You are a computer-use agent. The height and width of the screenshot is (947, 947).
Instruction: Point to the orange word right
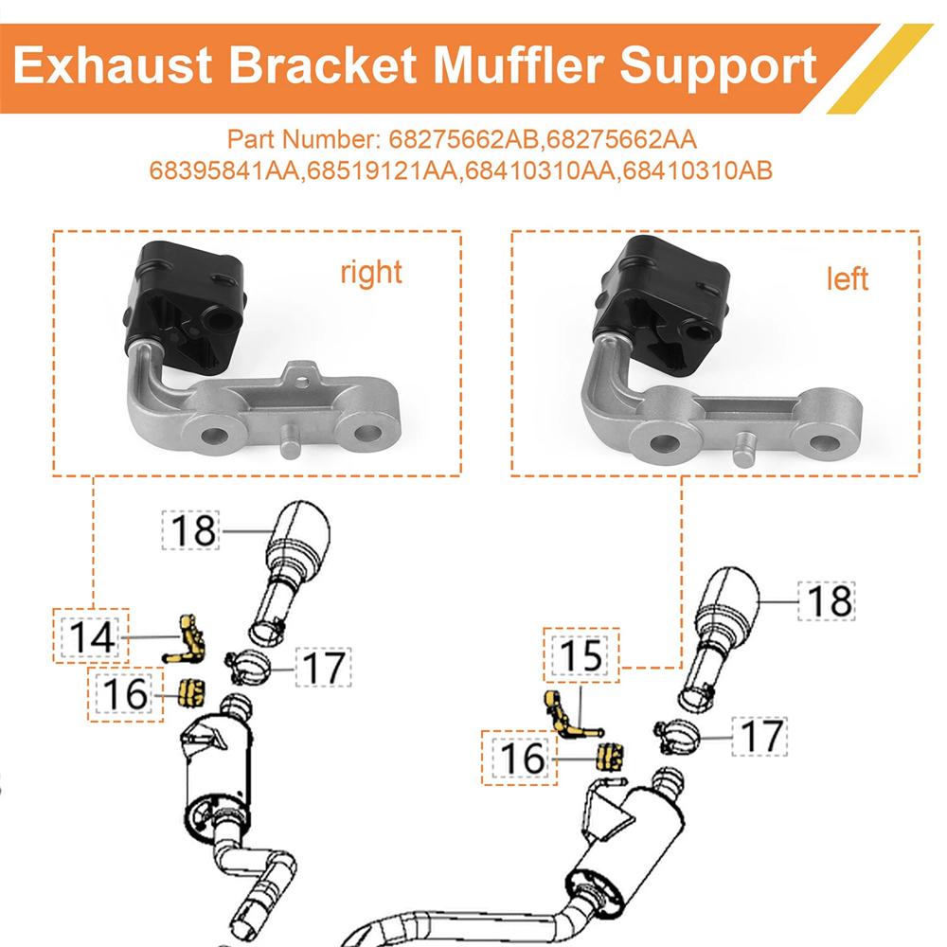[x=371, y=273]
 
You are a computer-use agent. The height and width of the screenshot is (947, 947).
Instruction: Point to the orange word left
[x=848, y=279]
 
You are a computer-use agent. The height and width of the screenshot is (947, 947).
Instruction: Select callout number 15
[x=581, y=655]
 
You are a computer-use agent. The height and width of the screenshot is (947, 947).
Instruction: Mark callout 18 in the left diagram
[x=193, y=530]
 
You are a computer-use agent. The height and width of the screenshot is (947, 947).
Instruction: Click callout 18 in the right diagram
[x=827, y=600]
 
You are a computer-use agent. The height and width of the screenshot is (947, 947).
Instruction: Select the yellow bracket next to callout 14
[x=190, y=638]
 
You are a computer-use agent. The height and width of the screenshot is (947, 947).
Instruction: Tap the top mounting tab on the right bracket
[x=301, y=374]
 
